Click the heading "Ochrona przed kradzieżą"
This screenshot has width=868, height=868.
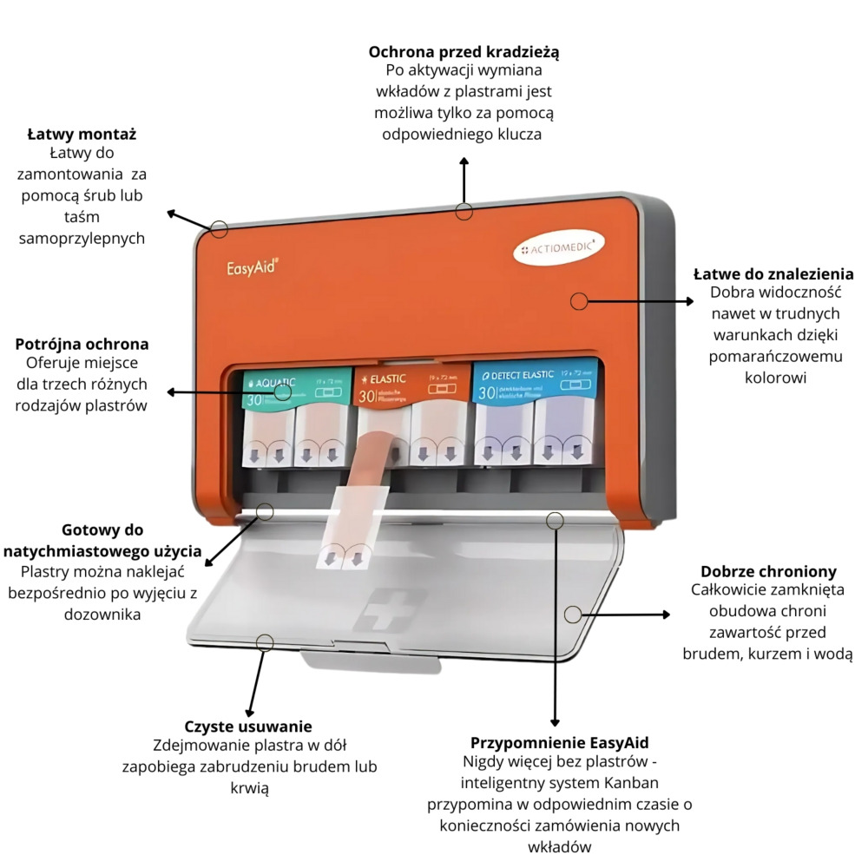point(464,52)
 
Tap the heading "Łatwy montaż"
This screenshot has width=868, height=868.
point(82,135)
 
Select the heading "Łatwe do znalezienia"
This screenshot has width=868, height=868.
point(773,274)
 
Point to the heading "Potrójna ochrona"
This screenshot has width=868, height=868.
point(82,344)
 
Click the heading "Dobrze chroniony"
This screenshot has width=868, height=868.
point(768,571)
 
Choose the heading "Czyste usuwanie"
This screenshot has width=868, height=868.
point(248,727)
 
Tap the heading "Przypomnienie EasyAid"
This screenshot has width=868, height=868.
point(560,743)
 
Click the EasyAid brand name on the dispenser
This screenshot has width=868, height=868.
point(252,268)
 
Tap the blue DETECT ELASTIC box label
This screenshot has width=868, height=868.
point(531,383)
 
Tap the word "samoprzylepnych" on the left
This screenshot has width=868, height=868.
point(82,238)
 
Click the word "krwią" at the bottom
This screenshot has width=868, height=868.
point(248,787)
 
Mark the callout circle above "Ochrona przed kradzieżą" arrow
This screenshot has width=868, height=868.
point(464,211)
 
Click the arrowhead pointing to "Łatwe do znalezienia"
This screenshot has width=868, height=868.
point(691,301)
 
